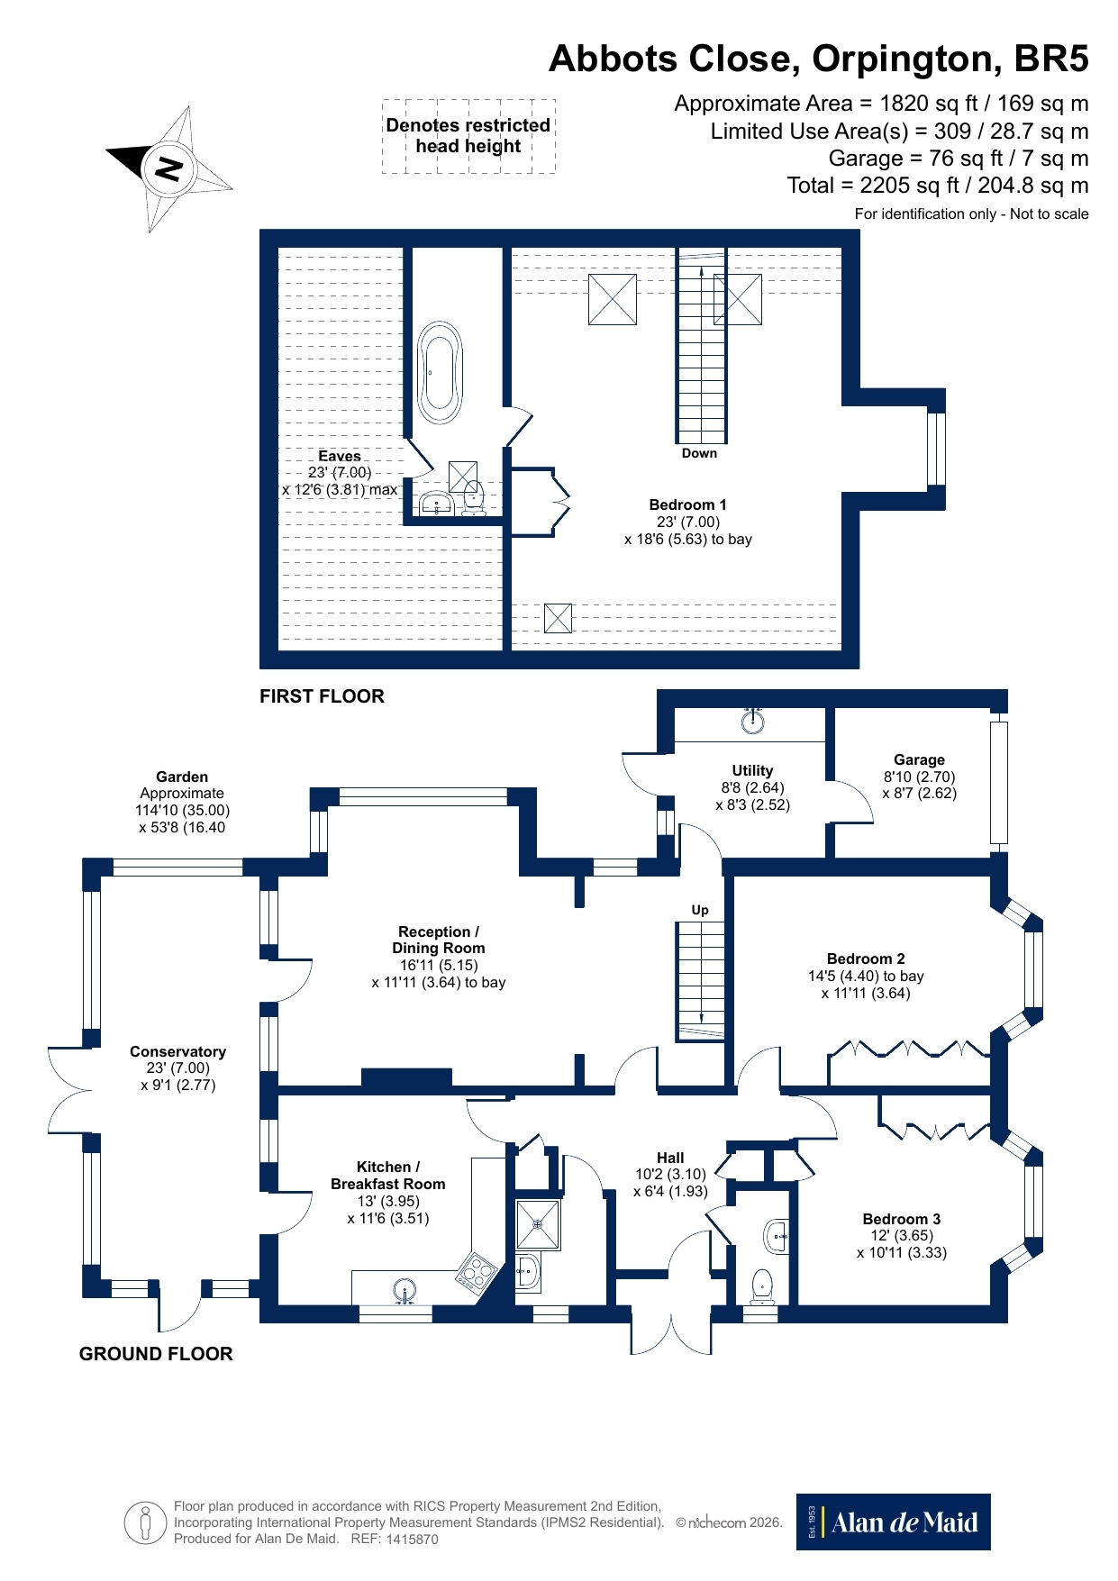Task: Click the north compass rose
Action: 168,168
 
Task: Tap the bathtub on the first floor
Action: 440,373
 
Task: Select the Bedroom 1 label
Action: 687,505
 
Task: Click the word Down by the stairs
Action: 699,453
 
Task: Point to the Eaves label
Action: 340,456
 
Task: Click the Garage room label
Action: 919,759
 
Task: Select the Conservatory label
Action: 177,1051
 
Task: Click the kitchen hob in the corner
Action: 477,1274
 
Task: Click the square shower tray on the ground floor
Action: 538,1224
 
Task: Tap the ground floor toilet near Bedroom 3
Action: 762,1285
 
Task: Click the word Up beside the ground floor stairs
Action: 700,910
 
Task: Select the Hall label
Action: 670,1158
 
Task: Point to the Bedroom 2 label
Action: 866,959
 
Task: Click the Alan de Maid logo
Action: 893,1522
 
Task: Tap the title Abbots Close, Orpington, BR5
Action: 818,59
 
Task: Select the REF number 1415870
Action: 412,1540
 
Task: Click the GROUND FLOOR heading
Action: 156,1354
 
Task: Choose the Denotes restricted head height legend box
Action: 468,136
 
